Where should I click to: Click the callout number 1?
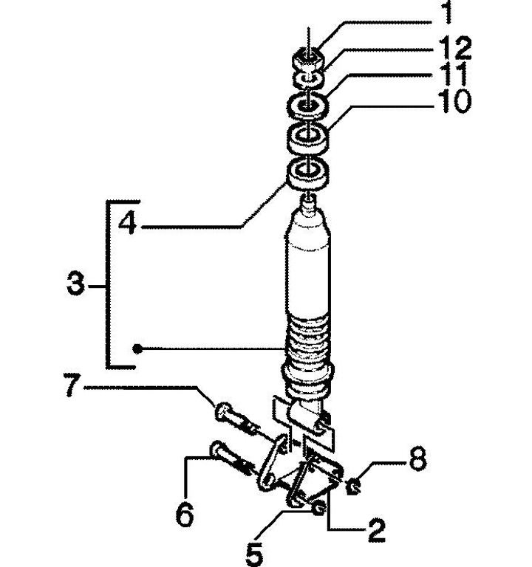click(448, 12)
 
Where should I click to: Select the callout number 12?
click(454, 48)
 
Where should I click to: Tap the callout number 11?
click(453, 74)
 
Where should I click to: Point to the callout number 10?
click(454, 101)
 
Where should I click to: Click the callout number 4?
click(128, 222)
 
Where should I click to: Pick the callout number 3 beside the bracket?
click(75, 284)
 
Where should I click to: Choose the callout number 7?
click(72, 385)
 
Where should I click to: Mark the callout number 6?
click(185, 514)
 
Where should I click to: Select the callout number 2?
click(376, 530)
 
